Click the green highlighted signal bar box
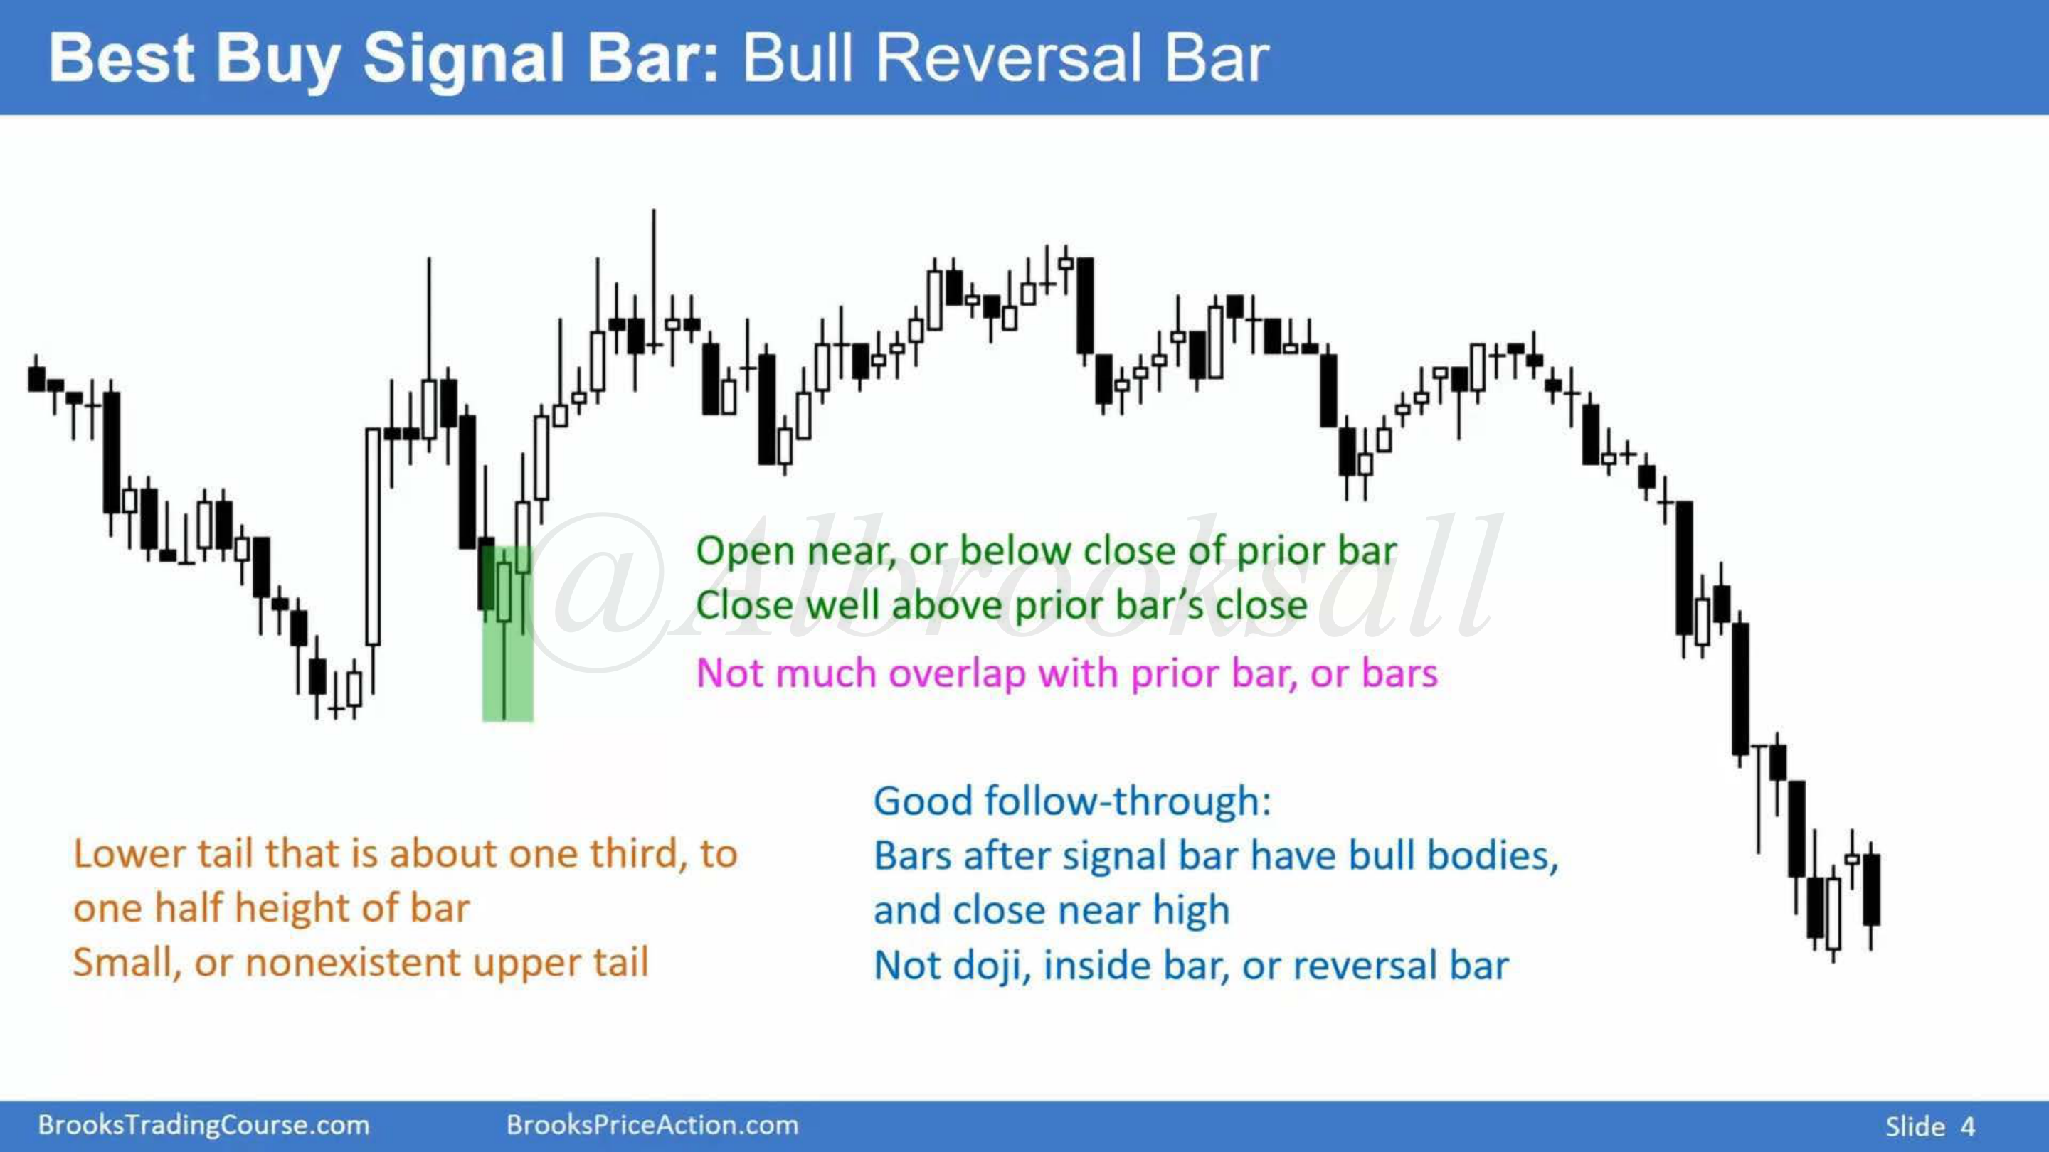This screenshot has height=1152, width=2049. point(507,634)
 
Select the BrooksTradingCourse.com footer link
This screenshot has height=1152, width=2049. point(203,1125)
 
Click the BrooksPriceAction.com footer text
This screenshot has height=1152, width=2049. point(652,1125)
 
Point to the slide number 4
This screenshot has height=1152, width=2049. point(1967,1126)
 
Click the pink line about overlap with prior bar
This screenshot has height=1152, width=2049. point(1066,673)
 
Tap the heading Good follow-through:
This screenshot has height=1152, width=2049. point(1072,801)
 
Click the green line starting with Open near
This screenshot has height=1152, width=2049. point(1046,550)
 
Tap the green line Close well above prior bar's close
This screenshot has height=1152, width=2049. point(1002,605)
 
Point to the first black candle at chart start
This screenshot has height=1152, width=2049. point(36,378)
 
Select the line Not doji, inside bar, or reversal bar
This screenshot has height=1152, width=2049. point(1191,966)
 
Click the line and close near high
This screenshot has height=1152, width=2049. point(1052,910)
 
